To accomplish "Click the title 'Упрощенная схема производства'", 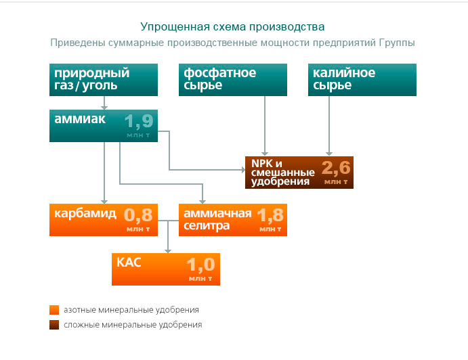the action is pyautogui.click(x=232, y=27).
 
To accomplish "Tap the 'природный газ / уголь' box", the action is pyautogui.click(x=104, y=80).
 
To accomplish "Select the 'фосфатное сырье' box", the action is pyautogui.click(x=233, y=80).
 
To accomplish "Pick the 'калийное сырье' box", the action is pyautogui.click(x=362, y=80).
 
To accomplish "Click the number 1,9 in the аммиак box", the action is pyautogui.click(x=139, y=121).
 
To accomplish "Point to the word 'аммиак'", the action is pyautogui.click(x=80, y=119).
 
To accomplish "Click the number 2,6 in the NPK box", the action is pyautogui.click(x=336, y=168).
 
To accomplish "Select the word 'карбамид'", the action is pyautogui.click(x=85, y=214).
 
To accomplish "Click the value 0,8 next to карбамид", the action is pyautogui.click(x=138, y=215).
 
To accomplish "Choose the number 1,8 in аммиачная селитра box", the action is pyautogui.click(x=270, y=215).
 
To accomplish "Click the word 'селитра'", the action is pyautogui.click(x=207, y=226).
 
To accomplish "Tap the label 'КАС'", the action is pyautogui.click(x=129, y=263).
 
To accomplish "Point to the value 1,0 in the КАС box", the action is pyautogui.click(x=201, y=265).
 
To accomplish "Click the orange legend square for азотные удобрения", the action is pyautogui.click(x=54, y=310).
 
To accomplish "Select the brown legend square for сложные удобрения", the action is pyautogui.click(x=54, y=325).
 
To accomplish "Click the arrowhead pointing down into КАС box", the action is pyautogui.click(x=168, y=251).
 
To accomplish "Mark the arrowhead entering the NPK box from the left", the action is pyautogui.click(x=243, y=170).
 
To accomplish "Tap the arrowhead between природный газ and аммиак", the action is pyautogui.click(x=104, y=108).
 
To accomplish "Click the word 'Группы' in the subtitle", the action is pyautogui.click(x=397, y=43).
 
